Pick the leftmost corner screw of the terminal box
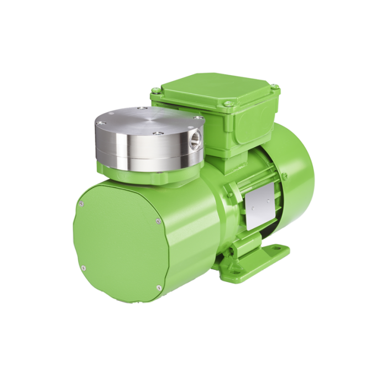pos(154,95)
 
